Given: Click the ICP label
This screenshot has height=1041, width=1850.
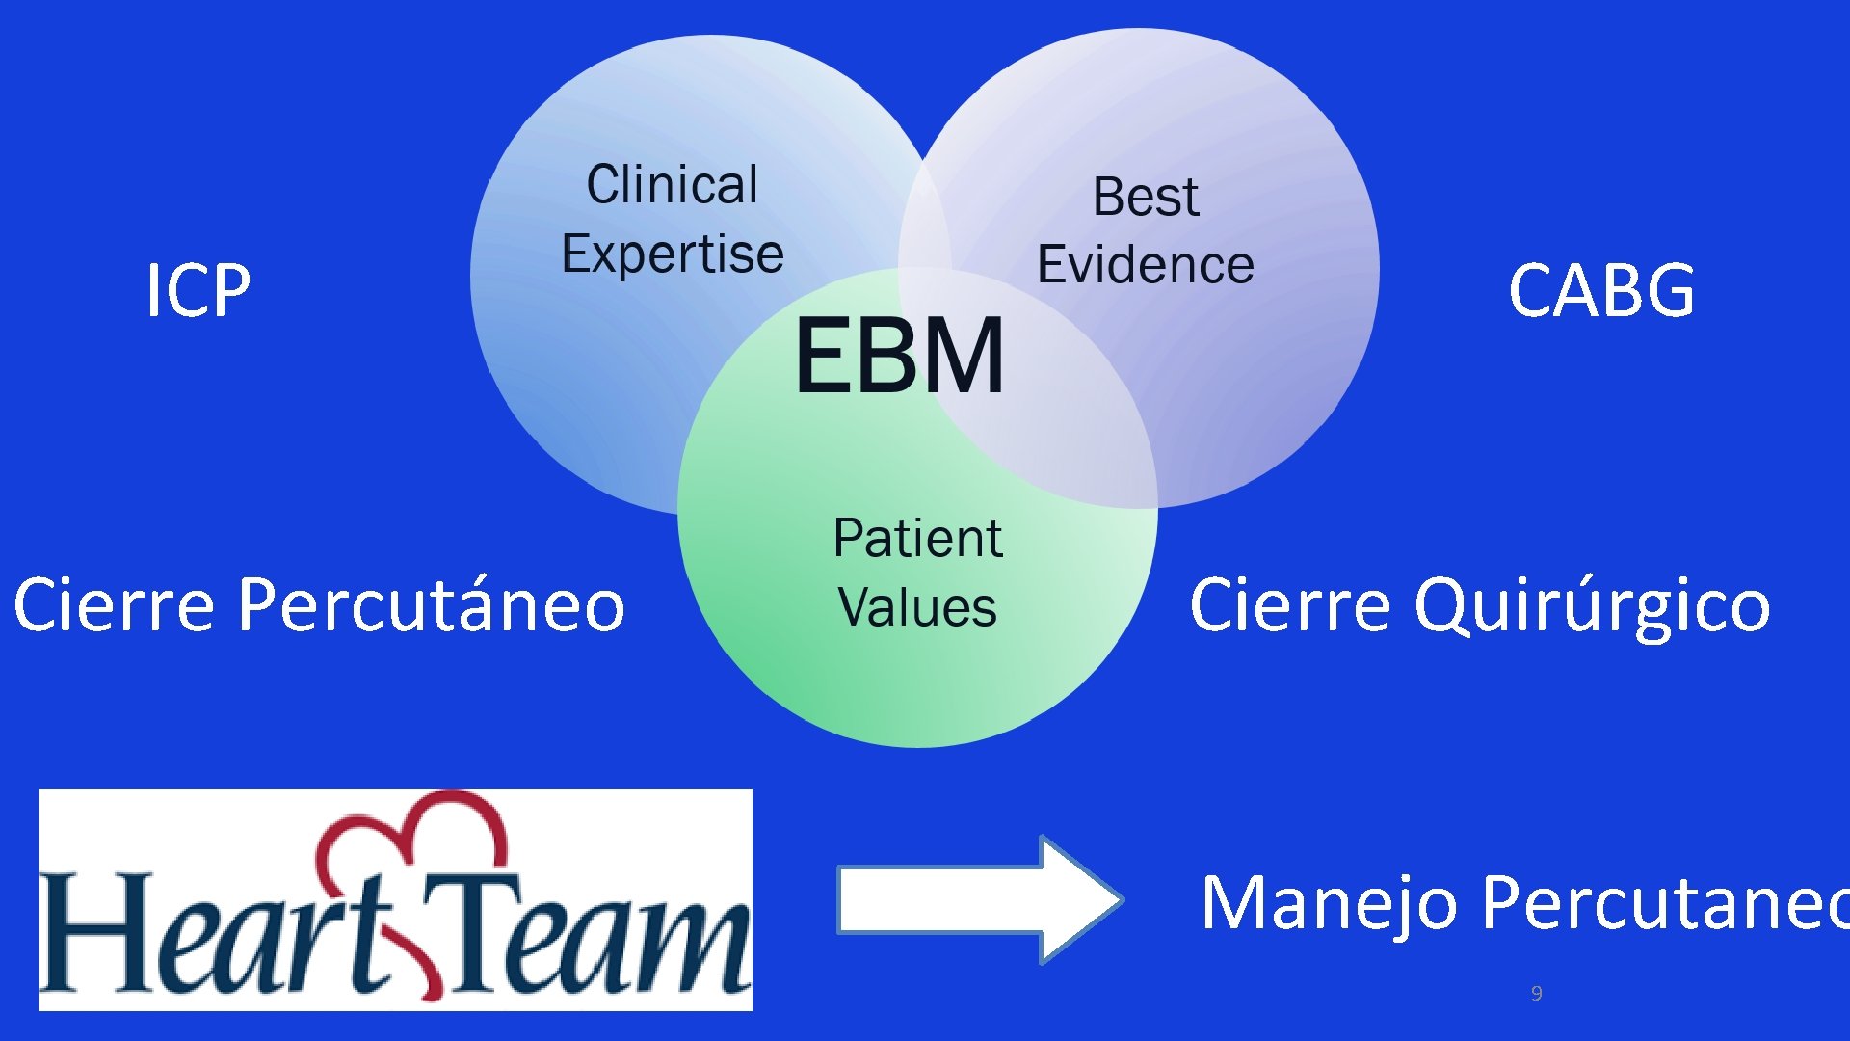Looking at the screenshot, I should (198, 290).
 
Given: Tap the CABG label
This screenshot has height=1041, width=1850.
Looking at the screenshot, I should (1600, 290).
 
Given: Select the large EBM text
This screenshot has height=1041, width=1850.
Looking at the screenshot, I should (900, 356).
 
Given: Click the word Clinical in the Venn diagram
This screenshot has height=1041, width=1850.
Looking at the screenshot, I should (673, 184).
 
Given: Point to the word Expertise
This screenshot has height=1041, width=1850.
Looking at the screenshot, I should (673, 254).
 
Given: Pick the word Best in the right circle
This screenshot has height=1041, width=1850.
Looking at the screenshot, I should (1146, 197).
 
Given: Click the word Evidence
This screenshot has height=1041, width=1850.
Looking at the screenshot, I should (1146, 265).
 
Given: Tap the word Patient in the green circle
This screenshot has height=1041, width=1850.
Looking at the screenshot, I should (917, 538).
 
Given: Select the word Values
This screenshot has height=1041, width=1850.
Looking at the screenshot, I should (917, 607).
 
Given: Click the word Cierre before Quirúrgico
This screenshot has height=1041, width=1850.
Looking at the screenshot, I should (1290, 605).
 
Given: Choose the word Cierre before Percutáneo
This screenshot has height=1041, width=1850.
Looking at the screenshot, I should (114, 605).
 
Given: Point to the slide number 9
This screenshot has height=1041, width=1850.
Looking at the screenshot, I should (1536, 993).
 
